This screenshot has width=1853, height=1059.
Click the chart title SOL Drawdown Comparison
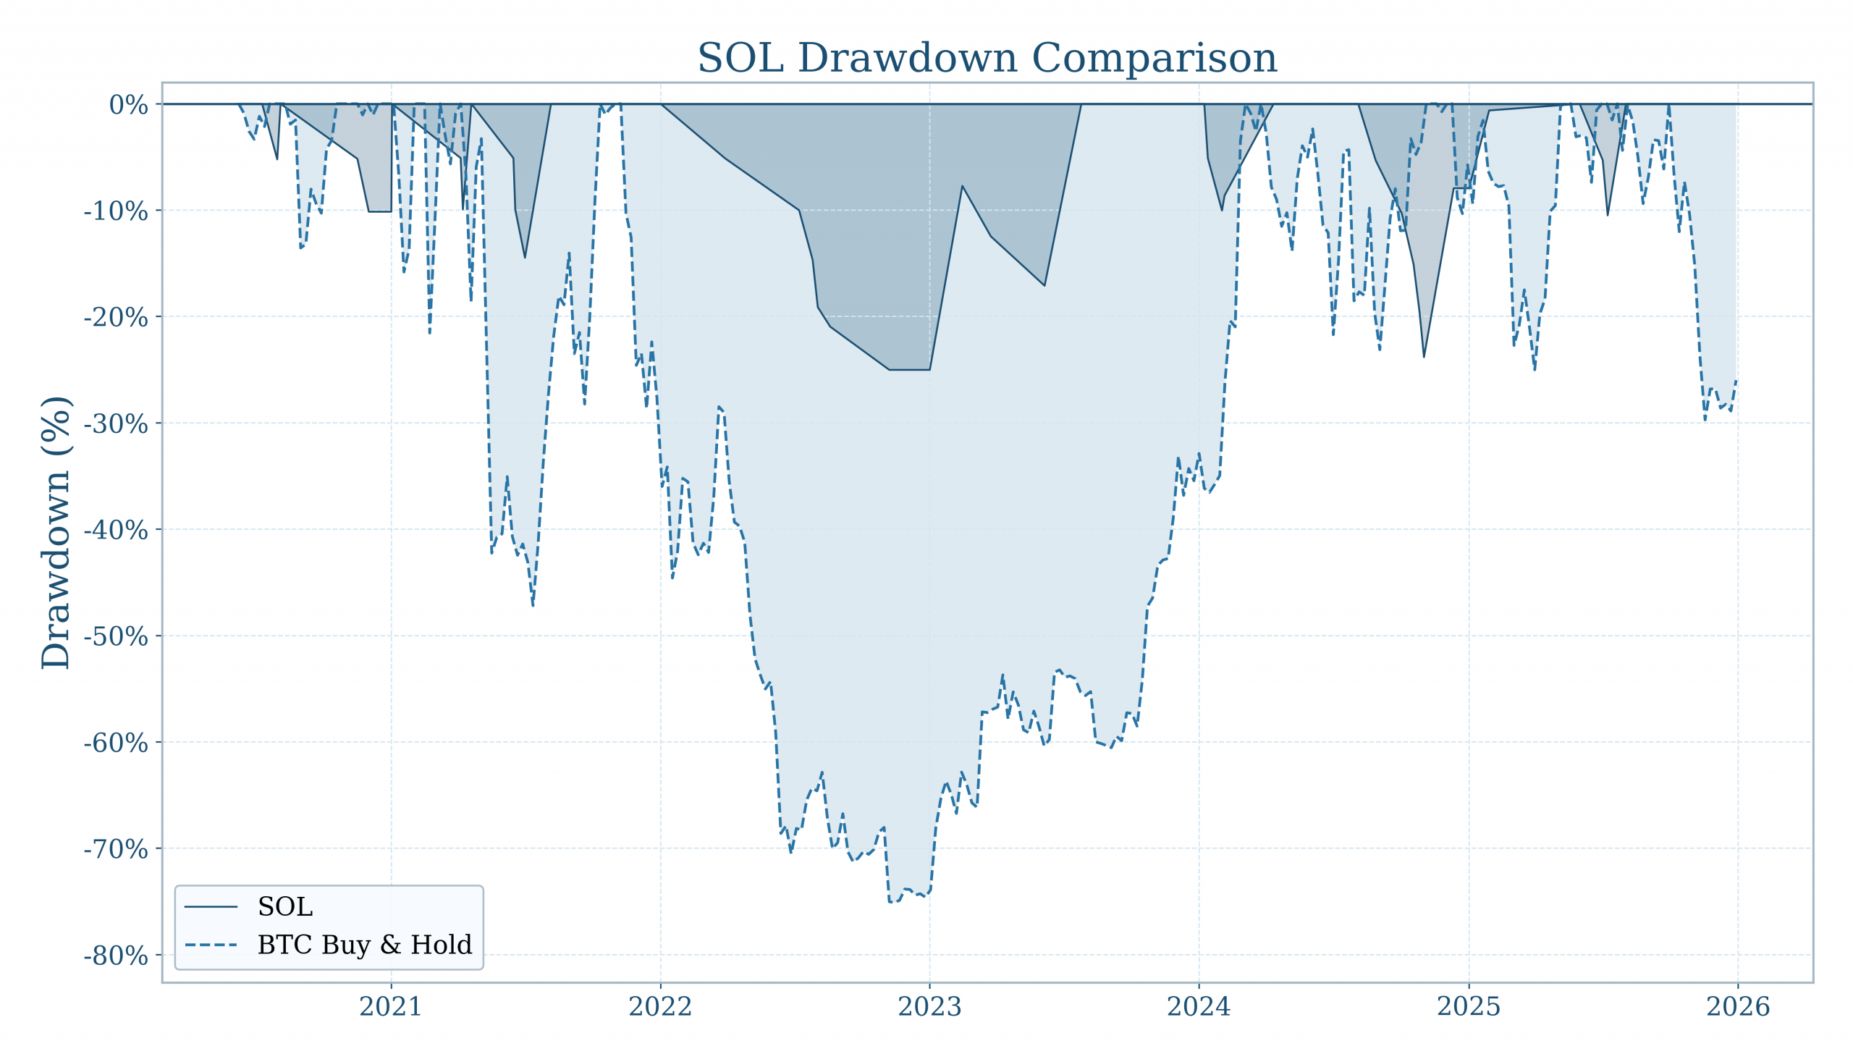coord(987,58)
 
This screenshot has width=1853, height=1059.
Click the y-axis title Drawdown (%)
coord(56,533)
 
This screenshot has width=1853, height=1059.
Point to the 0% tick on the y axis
coord(129,105)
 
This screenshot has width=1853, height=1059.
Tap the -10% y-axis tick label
coord(117,211)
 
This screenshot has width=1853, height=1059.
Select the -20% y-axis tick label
coord(117,318)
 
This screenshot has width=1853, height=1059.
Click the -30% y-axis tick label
coord(117,424)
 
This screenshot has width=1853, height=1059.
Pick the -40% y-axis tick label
coord(117,531)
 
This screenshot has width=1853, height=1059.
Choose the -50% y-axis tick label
coord(117,637)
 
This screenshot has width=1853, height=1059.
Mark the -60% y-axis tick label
coord(117,743)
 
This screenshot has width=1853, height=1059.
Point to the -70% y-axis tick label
coord(117,850)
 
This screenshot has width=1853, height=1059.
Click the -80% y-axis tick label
coord(117,955)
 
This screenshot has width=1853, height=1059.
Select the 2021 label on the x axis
coord(392,1008)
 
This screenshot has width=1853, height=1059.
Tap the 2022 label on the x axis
coord(660,1008)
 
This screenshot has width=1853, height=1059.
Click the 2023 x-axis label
coord(929,1008)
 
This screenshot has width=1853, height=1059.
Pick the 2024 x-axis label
coord(1199,1008)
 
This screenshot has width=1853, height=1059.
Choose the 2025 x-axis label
coord(1469,1008)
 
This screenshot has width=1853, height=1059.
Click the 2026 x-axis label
coord(1738,1008)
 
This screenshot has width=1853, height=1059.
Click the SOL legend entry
coord(285,907)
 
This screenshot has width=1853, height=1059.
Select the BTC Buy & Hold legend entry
coord(364,945)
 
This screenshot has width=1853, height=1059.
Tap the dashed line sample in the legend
coord(211,945)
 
